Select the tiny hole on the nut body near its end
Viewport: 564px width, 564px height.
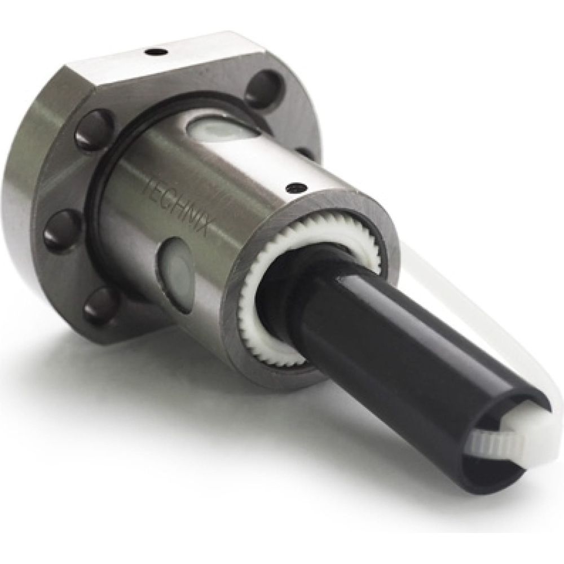click(x=296, y=187)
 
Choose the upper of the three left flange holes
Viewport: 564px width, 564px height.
click(x=94, y=129)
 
